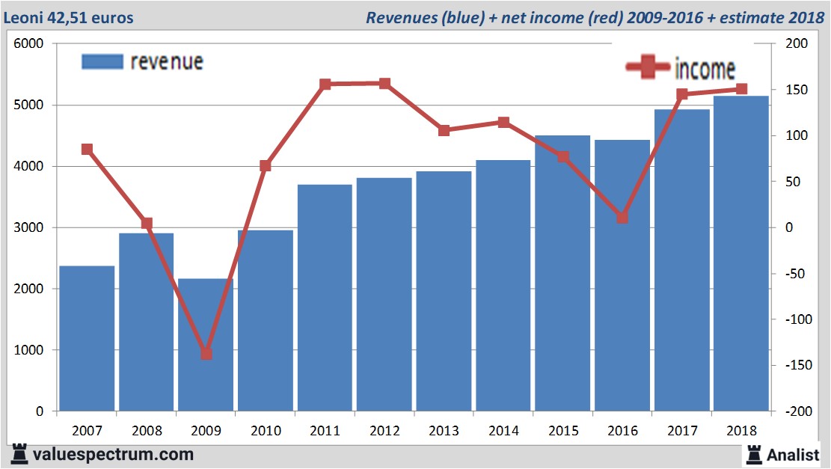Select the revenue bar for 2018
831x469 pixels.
click(741, 254)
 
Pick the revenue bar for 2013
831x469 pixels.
click(444, 292)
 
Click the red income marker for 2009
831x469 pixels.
click(206, 354)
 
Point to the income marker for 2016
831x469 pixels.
click(622, 218)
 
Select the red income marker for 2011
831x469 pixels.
click(325, 85)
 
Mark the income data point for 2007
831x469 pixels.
click(87, 149)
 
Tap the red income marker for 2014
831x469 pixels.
click(503, 122)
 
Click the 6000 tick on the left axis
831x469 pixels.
click(30, 44)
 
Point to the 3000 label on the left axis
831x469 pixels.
click(30, 227)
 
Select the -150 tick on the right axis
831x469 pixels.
click(795, 365)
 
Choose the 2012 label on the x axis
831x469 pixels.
click(384, 431)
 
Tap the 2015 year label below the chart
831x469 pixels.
click(563, 431)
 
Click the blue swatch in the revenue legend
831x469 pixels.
click(102, 61)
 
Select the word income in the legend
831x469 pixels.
click(705, 69)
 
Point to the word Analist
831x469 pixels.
click(794, 454)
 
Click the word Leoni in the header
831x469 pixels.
click(23, 17)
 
